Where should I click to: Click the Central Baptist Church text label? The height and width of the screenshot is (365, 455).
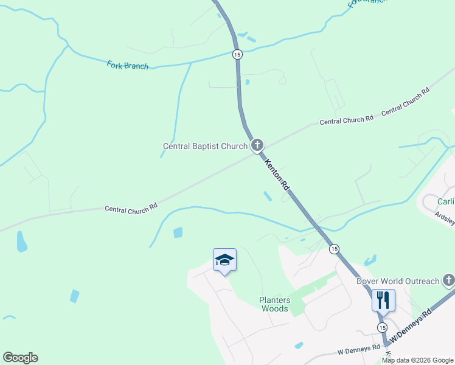click(205, 146)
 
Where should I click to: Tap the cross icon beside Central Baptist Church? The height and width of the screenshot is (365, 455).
click(257, 145)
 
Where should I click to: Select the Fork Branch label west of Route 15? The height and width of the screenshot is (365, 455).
click(128, 64)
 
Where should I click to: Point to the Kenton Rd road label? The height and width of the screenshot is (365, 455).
click(276, 176)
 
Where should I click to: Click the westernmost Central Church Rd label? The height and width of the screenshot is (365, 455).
click(131, 207)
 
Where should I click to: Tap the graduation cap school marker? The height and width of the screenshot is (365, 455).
click(224, 260)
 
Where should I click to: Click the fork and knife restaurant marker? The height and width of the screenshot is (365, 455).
click(383, 299)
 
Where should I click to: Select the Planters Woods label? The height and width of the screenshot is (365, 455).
click(275, 304)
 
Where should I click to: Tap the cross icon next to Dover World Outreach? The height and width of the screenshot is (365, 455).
click(449, 280)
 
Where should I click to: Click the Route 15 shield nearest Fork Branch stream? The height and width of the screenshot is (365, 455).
click(237, 54)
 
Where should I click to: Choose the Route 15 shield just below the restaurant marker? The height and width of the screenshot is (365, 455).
click(381, 327)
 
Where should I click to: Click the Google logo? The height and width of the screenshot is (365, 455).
click(20, 358)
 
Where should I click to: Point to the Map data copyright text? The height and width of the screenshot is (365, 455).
click(417, 360)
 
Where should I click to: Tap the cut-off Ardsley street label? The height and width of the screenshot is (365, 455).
click(445, 218)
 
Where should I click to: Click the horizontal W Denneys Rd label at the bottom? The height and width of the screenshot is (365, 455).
click(358, 352)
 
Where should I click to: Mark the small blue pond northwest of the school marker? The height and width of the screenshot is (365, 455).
click(178, 232)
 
